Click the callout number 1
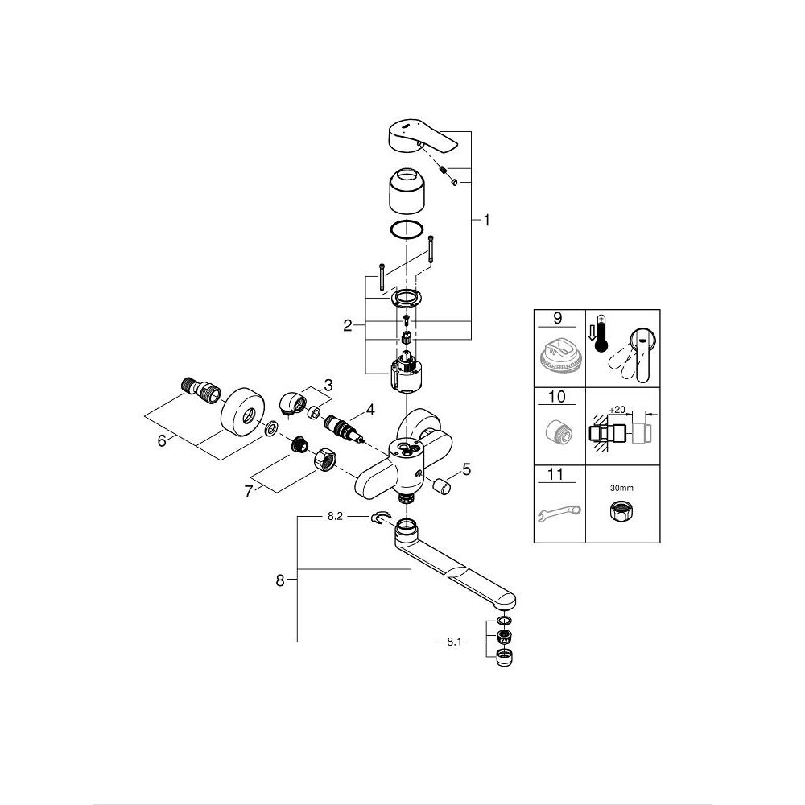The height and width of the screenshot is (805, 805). (x=486, y=220)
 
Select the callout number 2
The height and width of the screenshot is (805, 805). (x=348, y=325)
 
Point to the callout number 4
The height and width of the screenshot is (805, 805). (x=370, y=409)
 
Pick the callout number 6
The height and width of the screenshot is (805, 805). (x=163, y=440)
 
